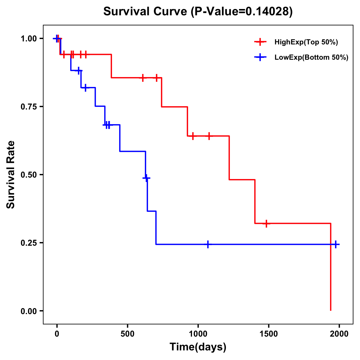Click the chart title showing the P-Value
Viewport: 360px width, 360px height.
click(198, 12)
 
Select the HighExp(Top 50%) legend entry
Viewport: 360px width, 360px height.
click(306, 42)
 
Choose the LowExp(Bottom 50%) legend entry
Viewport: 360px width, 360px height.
click(311, 58)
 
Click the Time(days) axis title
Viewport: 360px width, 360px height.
click(198, 347)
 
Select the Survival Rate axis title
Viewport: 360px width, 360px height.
click(11, 175)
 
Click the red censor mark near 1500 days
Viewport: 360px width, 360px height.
click(266, 223)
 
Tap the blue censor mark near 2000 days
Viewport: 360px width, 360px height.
click(336, 244)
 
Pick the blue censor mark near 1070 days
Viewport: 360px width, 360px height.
click(208, 244)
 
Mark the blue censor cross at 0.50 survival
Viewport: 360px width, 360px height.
click(146, 178)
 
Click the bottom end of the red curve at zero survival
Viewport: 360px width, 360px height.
click(331, 310)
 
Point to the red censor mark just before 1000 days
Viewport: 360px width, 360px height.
click(193, 136)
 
